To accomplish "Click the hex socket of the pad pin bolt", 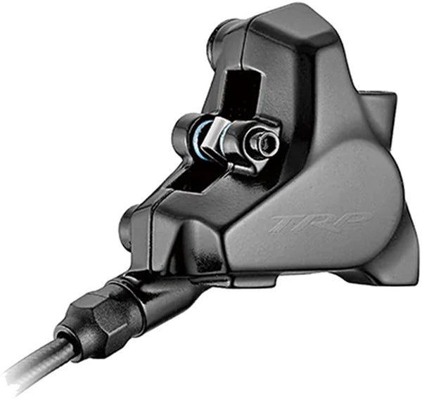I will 267,143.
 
